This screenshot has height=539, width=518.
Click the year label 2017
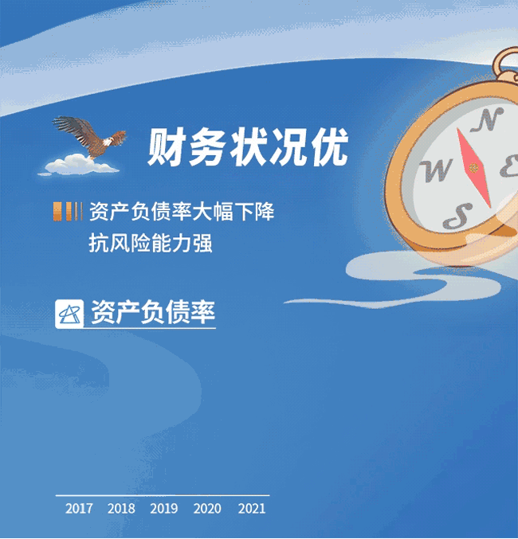79,509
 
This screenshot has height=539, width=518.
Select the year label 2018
121,509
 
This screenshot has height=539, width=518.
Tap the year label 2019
164,509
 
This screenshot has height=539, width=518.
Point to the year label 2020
207,509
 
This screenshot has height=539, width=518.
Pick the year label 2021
252,509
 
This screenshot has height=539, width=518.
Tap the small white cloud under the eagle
79,165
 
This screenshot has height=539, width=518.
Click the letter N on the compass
487,119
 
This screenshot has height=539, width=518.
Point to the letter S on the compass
457,216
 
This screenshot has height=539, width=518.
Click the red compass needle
474,168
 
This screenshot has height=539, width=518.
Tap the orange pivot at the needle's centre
474,168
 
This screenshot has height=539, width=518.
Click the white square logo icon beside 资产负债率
69,314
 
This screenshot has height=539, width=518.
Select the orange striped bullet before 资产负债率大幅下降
68,211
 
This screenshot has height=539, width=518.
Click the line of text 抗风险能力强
151,243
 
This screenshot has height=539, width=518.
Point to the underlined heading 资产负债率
153,312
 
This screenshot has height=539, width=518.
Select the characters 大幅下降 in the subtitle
233,211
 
